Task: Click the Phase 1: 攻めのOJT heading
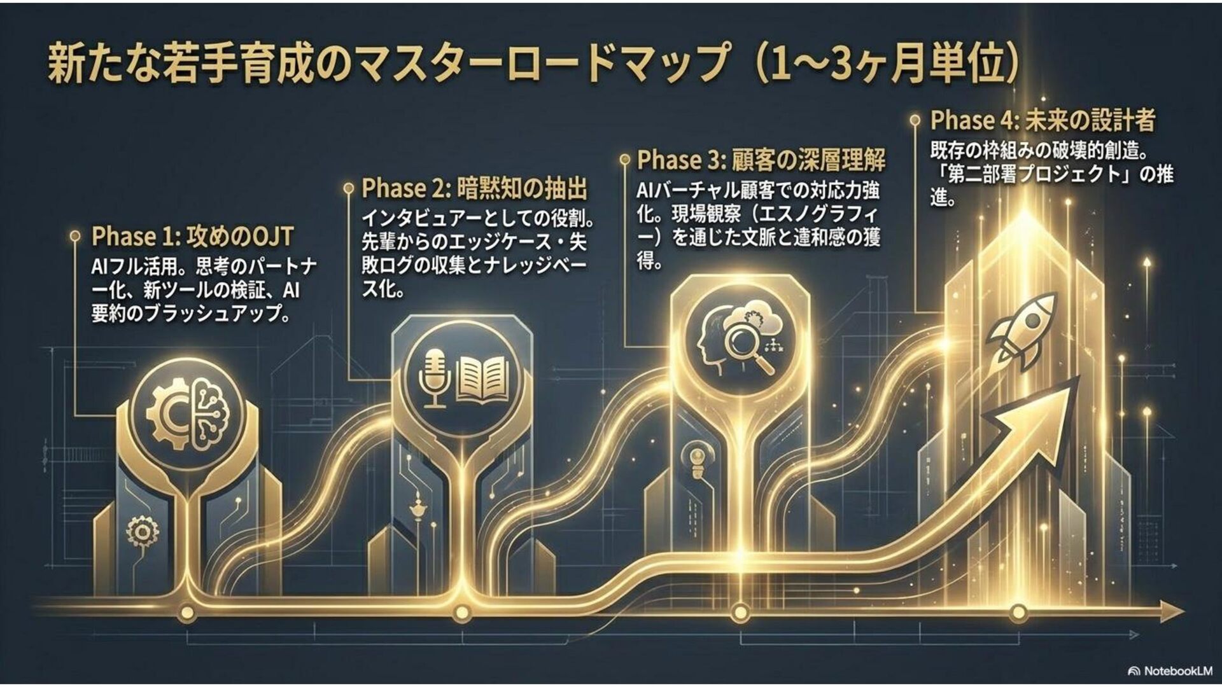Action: point(192,237)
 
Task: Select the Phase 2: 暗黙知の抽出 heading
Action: point(474,188)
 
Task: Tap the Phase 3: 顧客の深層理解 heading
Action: point(761,160)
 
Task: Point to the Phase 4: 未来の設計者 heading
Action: point(1043,120)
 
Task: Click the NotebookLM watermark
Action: point(1170,671)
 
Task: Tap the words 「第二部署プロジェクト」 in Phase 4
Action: point(1032,174)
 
